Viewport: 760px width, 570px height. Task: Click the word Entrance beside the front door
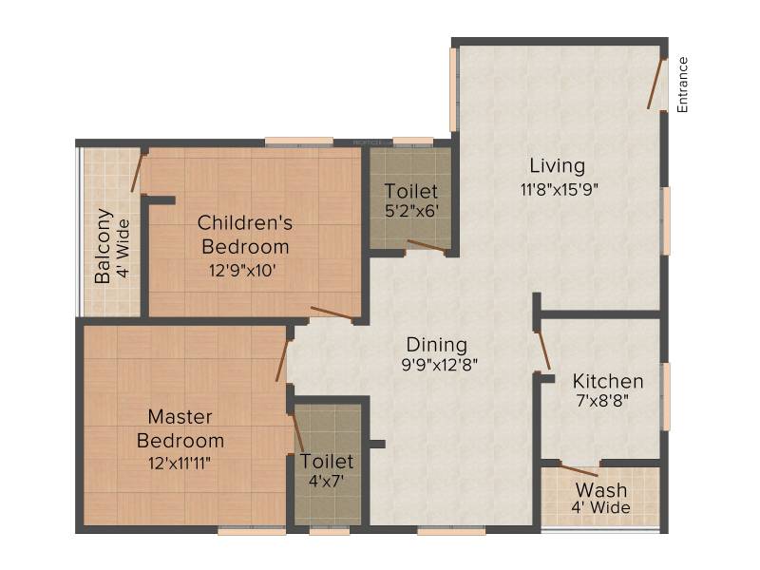pos(682,85)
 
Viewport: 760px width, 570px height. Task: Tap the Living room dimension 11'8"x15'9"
pos(560,189)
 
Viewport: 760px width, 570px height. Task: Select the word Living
pos(558,165)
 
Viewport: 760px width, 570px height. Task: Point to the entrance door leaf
pos(655,84)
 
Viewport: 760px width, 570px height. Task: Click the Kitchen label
pos(608,382)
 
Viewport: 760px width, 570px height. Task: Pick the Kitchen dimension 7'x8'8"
pos(602,401)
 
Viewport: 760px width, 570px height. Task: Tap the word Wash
pos(601,490)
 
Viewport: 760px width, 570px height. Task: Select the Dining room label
pos(437,345)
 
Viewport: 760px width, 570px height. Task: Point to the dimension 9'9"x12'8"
pos(440,364)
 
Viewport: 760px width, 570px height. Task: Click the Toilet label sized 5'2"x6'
pos(411,192)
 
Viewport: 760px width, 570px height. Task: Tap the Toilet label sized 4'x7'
pos(327,462)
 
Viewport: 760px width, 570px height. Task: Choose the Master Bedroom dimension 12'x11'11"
pos(180,464)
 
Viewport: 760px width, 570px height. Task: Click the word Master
pos(180,417)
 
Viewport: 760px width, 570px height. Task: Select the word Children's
pos(245,223)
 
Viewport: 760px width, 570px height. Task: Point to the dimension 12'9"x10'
pos(242,271)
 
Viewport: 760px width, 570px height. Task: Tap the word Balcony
pos(103,246)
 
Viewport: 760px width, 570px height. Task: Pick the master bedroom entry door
pos(283,360)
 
